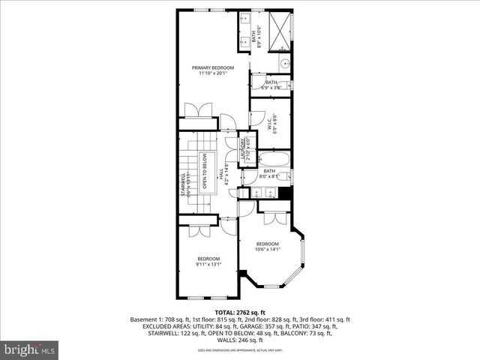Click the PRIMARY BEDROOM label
212,70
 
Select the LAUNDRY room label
245,149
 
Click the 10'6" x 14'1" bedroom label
267,247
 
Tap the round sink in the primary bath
285,64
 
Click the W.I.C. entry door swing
256,117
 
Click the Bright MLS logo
30,349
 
